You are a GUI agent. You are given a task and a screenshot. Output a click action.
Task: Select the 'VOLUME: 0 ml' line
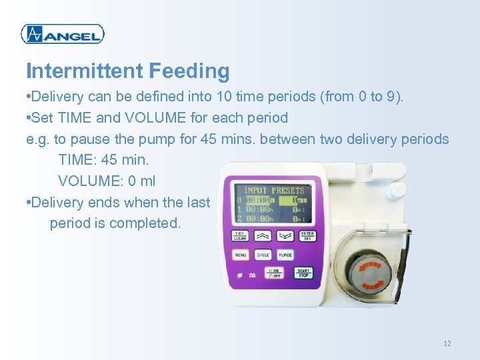[107, 181]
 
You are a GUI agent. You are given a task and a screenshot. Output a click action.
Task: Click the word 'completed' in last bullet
[145, 223]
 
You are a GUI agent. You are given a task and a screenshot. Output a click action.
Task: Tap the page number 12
[447, 343]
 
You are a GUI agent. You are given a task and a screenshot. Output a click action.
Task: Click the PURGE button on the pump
[285, 255]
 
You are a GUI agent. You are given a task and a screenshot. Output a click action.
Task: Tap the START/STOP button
[304, 273]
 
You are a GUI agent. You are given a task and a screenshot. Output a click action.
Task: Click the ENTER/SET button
[307, 235]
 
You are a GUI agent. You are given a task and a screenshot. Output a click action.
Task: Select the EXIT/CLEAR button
[240, 235]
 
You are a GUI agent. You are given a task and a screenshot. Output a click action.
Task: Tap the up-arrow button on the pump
[263, 235]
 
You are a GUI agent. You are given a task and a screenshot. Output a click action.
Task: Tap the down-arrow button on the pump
[285, 235]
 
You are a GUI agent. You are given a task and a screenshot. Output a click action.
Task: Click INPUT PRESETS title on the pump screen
[273, 190]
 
